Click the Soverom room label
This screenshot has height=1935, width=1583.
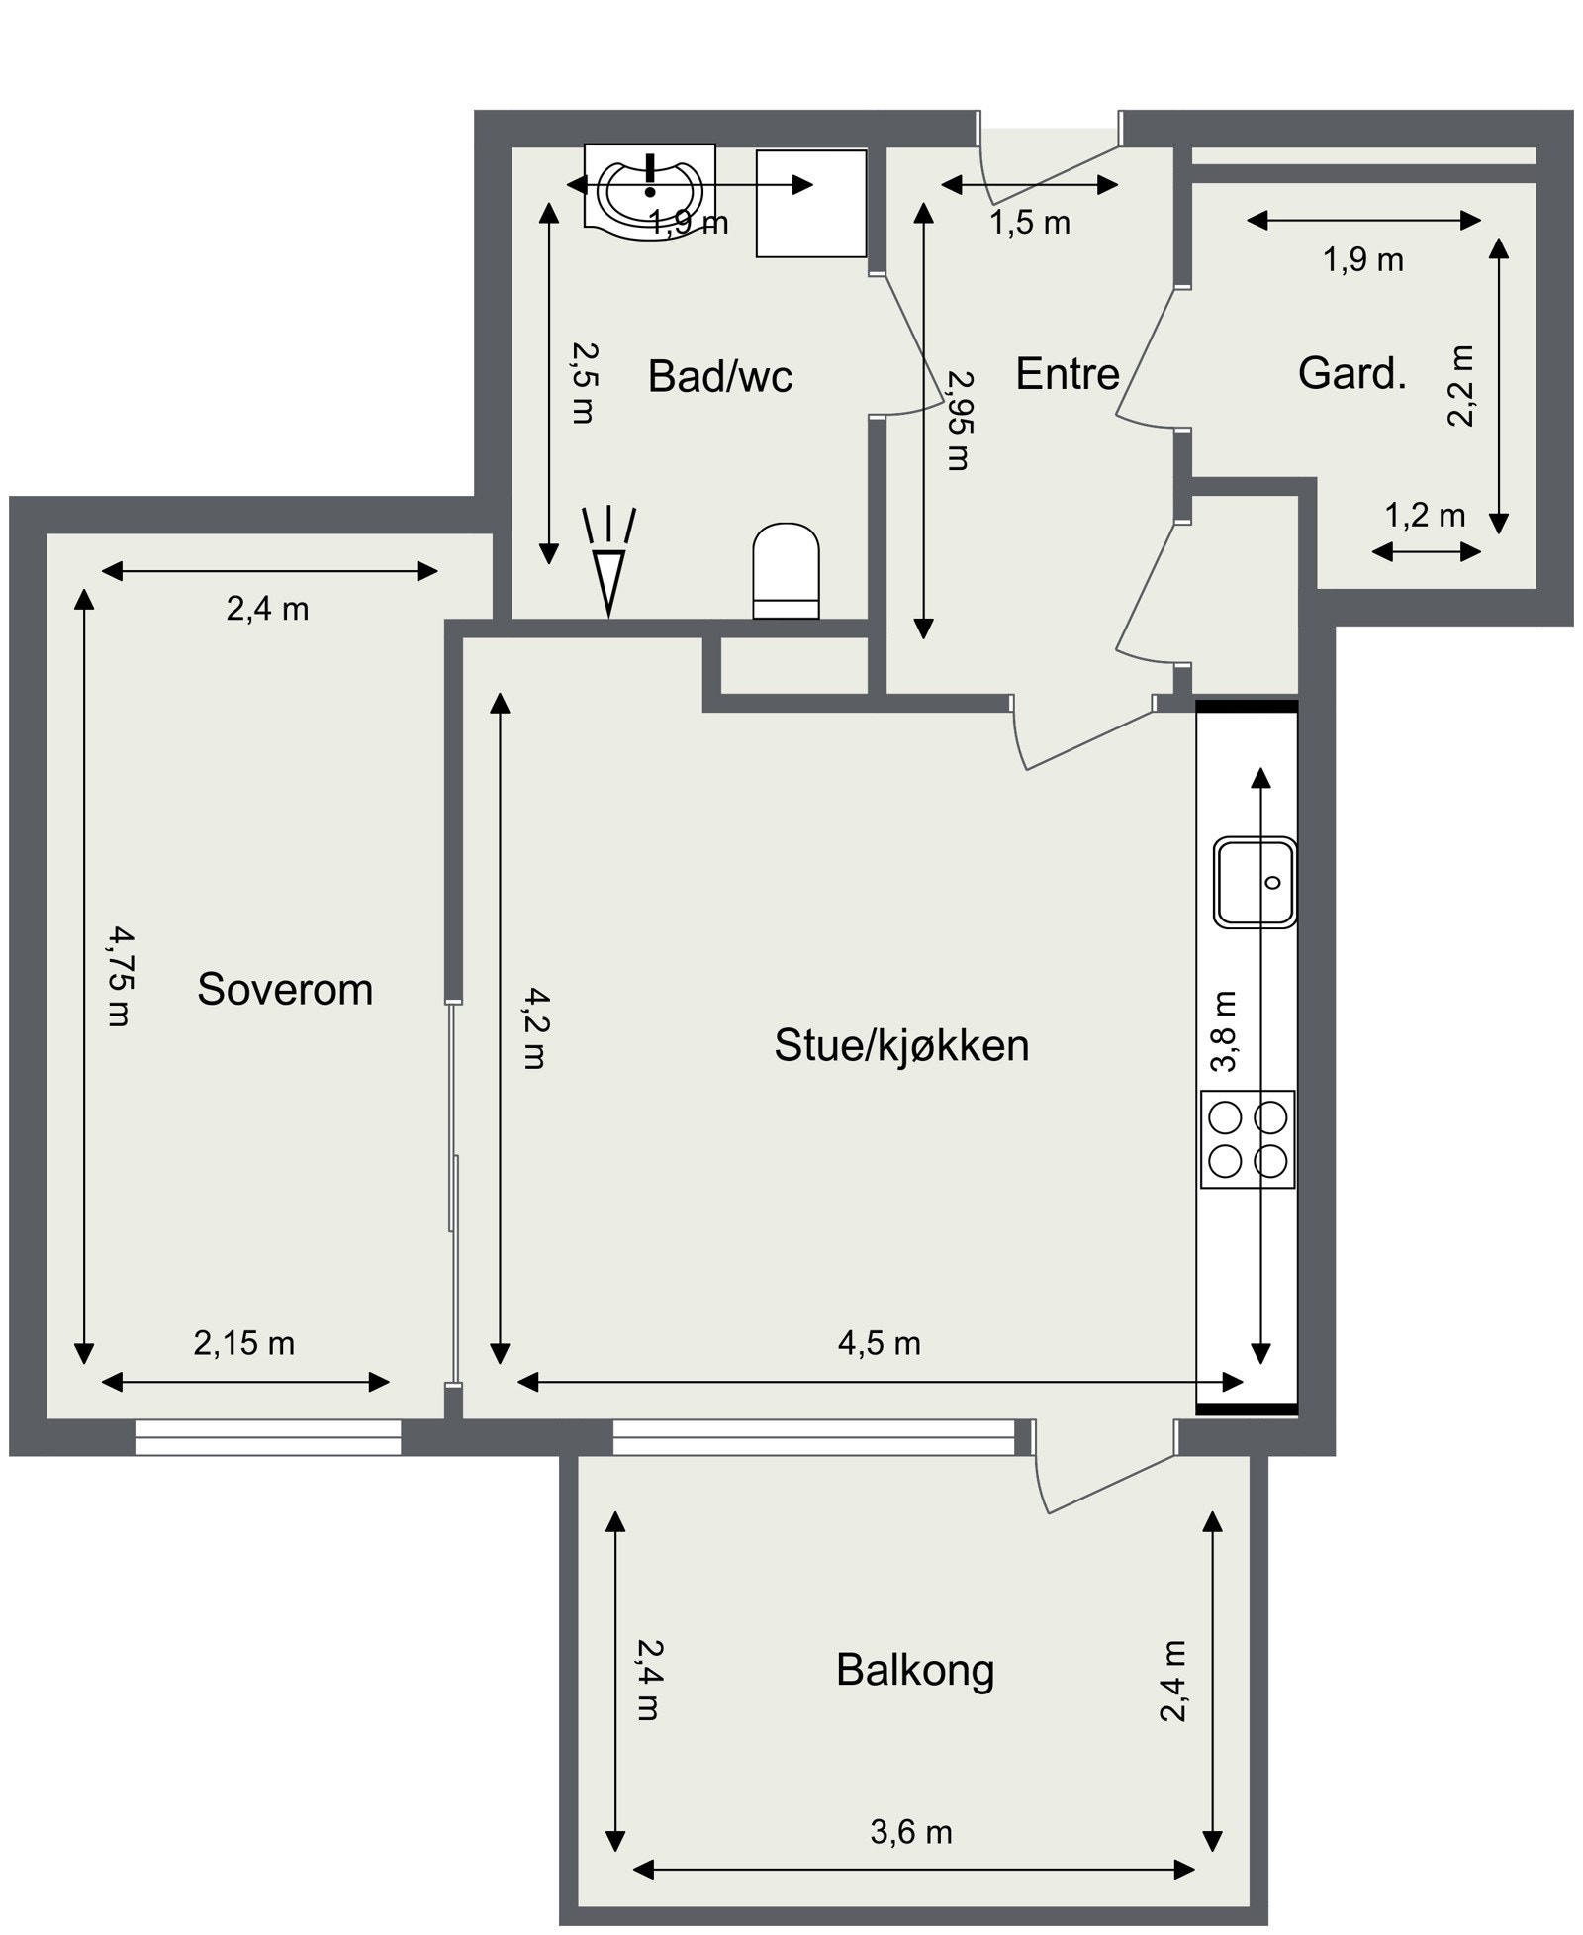[285, 989]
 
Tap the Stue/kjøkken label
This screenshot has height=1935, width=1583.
[900, 1045]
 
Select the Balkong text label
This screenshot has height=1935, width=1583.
[914, 1669]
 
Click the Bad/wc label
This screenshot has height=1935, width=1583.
[719, 376]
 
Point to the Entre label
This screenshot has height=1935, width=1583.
[1067, 374]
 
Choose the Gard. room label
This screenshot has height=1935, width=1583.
[1351, 373]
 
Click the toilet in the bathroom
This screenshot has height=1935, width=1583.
[786, 572]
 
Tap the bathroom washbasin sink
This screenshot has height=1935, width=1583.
[649, 191]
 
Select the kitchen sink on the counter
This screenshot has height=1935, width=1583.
[1255, 882]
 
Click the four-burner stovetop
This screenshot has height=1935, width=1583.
[1248, 1138]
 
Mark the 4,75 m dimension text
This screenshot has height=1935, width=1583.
[119, 976]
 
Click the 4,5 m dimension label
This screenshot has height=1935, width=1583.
[879, 1343]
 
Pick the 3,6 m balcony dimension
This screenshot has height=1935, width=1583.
[910, 1832]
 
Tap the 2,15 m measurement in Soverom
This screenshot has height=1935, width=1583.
[243, 1343]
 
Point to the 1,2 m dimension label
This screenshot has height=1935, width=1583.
[1424, 515]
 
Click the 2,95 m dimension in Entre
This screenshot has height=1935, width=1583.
[959, 420]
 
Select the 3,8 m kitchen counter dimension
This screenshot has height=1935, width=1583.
[1224, 1031]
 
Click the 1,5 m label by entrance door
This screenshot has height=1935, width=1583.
[1029, 223]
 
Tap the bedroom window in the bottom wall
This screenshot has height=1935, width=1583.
[268, 1436]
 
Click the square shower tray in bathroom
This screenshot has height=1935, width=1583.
[810, 204]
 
